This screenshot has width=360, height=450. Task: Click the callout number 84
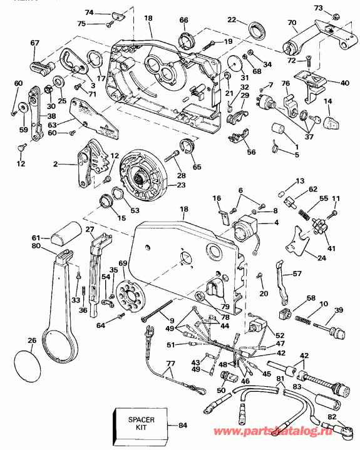pyautogui.click(x=183, y=426)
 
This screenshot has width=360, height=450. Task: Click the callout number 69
pyautogui.click(x=123, y=265)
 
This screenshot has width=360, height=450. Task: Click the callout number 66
pyautogui.click(x=183, y=21)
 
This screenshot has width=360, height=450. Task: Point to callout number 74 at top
pyautogui.click(x=89, y=13)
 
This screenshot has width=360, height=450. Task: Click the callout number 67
pyautogui.click(x=34, y=42)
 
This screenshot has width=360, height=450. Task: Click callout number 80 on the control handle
pyautogui.click(x=36, y=246)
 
